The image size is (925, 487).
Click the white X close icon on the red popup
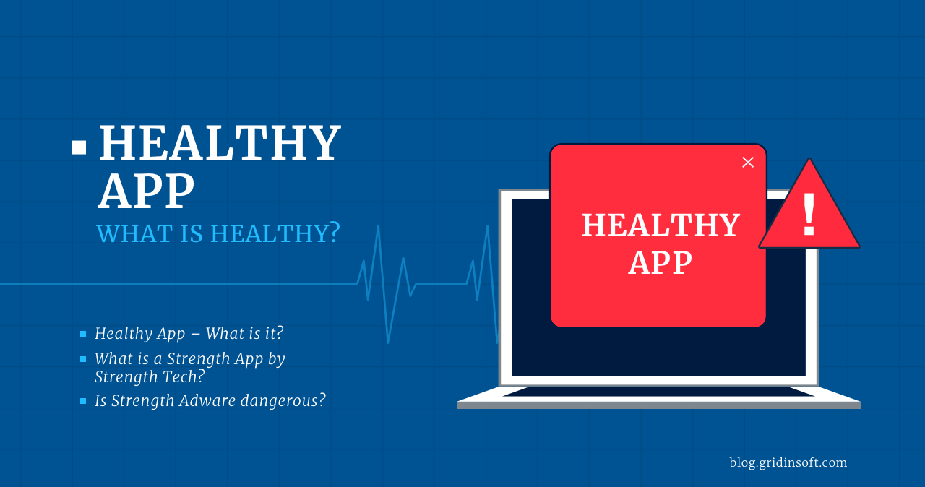click(x=748, y=163)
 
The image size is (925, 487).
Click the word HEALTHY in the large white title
click(x=220, y=143)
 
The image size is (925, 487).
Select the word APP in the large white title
click(x=146, y=192)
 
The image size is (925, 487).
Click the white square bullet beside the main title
click(x=79, y=148)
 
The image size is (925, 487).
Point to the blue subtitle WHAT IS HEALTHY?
click(x=218, y=234)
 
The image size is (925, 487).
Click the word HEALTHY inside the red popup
click(x=661, y=225)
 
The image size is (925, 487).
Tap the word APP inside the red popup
click(x=661, y=262)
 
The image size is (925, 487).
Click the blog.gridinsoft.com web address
click(x=788, y=462)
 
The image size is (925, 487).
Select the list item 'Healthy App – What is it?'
click(x=189, y=334)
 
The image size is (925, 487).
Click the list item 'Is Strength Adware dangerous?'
click(x=210, y=400)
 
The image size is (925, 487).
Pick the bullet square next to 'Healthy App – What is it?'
click(x=83, y=334)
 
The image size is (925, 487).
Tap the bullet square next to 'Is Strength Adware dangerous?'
click(x=83, y=401)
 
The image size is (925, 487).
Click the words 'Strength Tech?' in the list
click(x=150, y=376)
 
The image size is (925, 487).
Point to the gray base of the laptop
click(x=658, y=405)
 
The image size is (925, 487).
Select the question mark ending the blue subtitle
click(x=333, y=234)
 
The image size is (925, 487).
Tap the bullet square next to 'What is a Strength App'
click(x=83, y=359)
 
